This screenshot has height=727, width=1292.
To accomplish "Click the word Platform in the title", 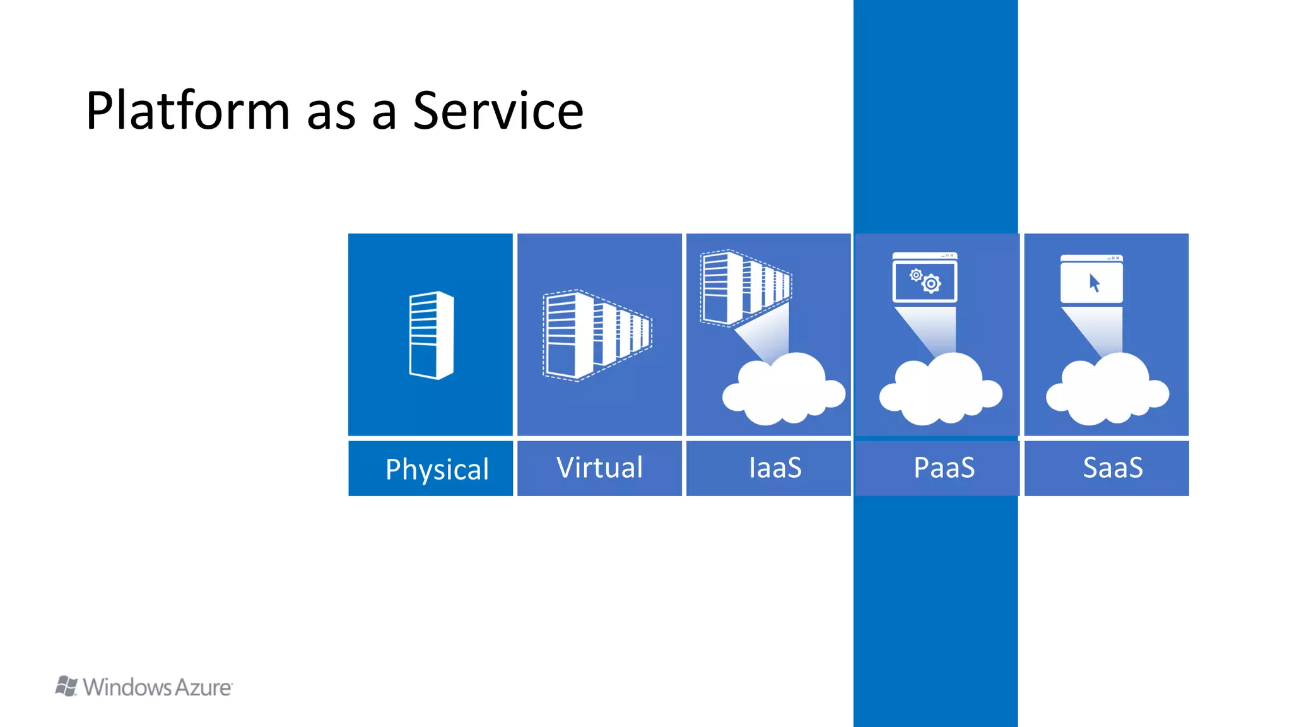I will [x=187, y=111].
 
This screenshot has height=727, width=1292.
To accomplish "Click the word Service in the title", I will [x=498, y=111].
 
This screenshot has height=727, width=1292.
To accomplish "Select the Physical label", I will [x=437, y=469].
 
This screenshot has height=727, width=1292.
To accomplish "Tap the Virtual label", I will [x=599, y=468].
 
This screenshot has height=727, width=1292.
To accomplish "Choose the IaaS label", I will [x=775, y=468].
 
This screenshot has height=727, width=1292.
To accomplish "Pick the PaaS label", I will [x=944, y=468].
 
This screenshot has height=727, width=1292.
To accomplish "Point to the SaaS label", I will [x=1112, y=468].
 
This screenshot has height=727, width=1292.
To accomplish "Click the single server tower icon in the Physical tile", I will [x=431, y=335].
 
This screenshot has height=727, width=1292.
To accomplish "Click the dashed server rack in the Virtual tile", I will [x=596, y=335].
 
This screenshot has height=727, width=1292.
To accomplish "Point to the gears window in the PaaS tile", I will [x=924, y=278].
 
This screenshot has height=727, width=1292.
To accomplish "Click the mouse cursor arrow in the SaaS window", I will [x=1095, y=283].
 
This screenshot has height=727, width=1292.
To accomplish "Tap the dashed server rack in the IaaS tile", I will [x=744, y=287].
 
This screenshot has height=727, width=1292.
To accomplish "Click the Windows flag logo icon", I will [x=66, y=686].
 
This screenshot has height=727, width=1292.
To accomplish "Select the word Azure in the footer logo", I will [x=203, y=687].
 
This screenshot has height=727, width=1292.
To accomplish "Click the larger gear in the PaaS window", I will [x=931, y=284].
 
